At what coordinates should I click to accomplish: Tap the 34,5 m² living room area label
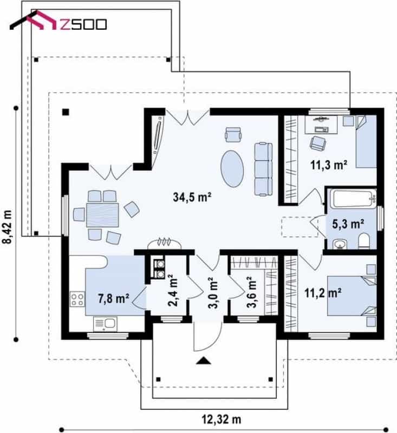coord(192,197)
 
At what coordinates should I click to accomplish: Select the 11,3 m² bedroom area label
coord(329,165)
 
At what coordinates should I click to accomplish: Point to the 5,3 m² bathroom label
coord(348,224)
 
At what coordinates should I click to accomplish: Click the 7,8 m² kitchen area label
coord(114,298)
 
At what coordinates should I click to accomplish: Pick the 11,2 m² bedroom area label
coord(323,293)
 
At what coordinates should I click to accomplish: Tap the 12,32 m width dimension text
coord(222,420)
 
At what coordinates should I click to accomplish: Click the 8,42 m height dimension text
coord(8,227)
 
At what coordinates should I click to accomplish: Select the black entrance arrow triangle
coord(203,360)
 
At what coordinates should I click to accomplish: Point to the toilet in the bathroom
coord(363,240)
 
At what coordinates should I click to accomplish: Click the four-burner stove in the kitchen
coord(77,299)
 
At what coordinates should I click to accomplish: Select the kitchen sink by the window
coord(105,324)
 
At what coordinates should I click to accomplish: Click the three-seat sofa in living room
coord(263,169)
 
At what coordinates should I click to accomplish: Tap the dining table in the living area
coord(102,215)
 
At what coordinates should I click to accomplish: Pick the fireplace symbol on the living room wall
coord(165,243)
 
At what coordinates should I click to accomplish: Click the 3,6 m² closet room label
coord(251,292)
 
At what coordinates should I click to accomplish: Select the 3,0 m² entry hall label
coord(212,292)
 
